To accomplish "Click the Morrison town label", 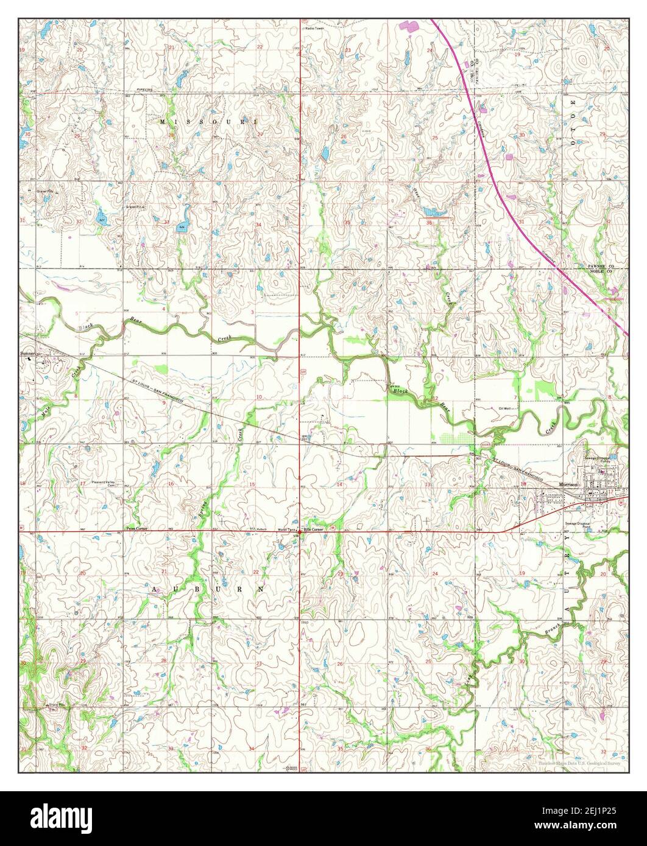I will tap(568, 484).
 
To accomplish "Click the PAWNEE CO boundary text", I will tap(601, 267).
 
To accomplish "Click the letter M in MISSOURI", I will tap(163, 122).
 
